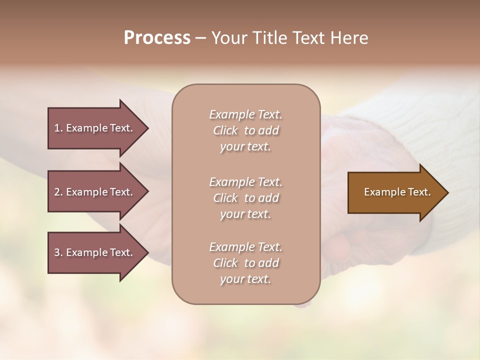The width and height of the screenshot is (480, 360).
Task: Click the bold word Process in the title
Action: click(157, 38)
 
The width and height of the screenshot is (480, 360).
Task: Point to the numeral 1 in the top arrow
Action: click(57, 128)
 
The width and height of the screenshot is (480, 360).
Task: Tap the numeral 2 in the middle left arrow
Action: click(57, 192)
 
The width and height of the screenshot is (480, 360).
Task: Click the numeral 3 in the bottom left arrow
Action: click(57, 252)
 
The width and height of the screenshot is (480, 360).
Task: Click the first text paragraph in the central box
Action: click(245, 130)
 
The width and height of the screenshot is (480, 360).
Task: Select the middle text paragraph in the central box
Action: click(245, 198)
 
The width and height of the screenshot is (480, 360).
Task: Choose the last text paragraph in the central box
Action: click(245, 263)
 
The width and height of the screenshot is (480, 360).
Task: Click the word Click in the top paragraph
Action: click(225, 130)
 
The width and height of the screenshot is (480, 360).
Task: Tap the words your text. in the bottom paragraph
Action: click(245, 279)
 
